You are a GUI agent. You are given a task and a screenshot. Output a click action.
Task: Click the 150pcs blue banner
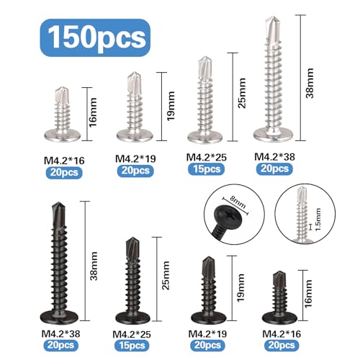pyautogui.click(x=95, y=37)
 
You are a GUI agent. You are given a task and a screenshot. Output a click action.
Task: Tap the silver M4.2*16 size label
pyautogui.click(x=64, y=161)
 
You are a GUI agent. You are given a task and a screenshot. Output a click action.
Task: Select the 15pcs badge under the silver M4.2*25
pyautogui.click(x=206, y=169)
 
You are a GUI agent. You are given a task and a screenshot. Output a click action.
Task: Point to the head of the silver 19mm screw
pyautogui.click(x=135, y=135)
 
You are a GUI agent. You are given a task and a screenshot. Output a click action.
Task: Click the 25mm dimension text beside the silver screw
pyautogui.click(x=242, y=93)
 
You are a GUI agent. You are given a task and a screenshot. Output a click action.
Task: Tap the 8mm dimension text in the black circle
pyautogui.click(x=238, y=202)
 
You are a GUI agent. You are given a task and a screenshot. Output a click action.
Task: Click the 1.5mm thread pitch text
pyautogui.click(x=318, y=220)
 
